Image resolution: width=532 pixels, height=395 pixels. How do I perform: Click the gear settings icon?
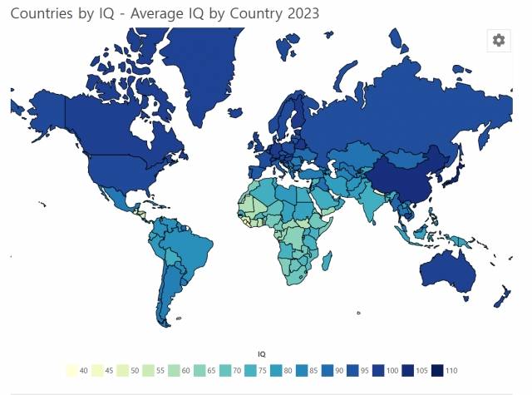point(498,40)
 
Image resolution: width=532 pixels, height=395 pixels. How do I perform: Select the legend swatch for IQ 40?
point(71,370)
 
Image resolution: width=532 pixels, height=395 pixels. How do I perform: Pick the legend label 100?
point(394,370)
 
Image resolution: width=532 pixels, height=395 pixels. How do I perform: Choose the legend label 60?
point(186,370)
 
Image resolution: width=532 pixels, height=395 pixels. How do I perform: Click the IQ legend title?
point(262,354)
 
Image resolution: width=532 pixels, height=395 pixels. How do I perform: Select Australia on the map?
point(448,271)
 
